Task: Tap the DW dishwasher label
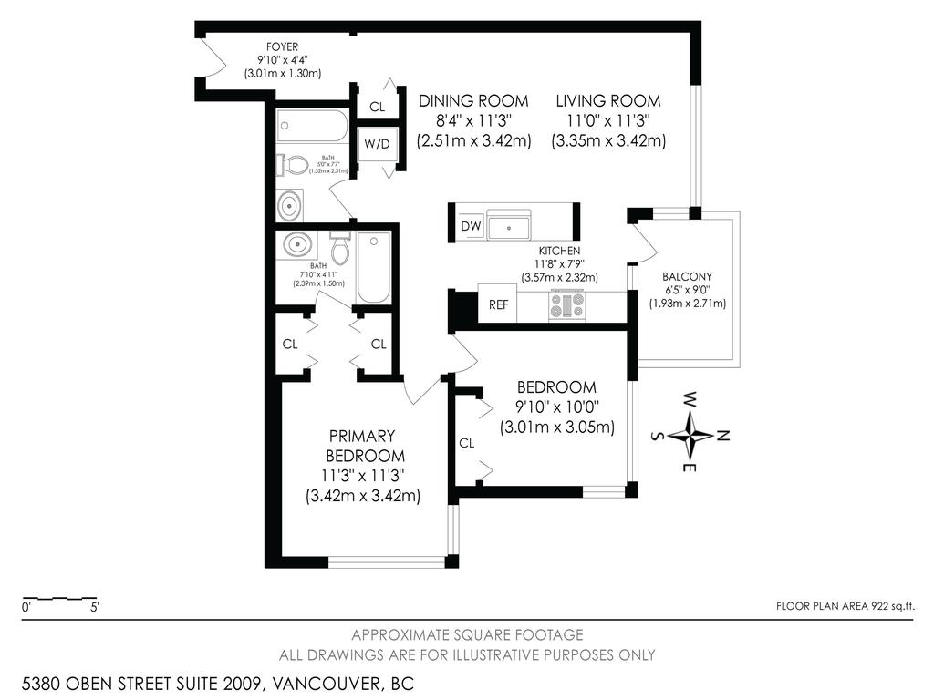471,226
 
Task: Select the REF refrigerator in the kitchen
498,305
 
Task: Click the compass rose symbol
694,434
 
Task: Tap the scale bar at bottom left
60,600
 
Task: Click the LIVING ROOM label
608,101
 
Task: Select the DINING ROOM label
472,101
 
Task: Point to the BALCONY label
687,277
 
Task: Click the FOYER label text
282,46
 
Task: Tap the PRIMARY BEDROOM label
361,445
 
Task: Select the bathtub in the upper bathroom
312,126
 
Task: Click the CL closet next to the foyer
377,107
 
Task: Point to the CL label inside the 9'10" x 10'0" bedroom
467,443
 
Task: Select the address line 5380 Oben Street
218,682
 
